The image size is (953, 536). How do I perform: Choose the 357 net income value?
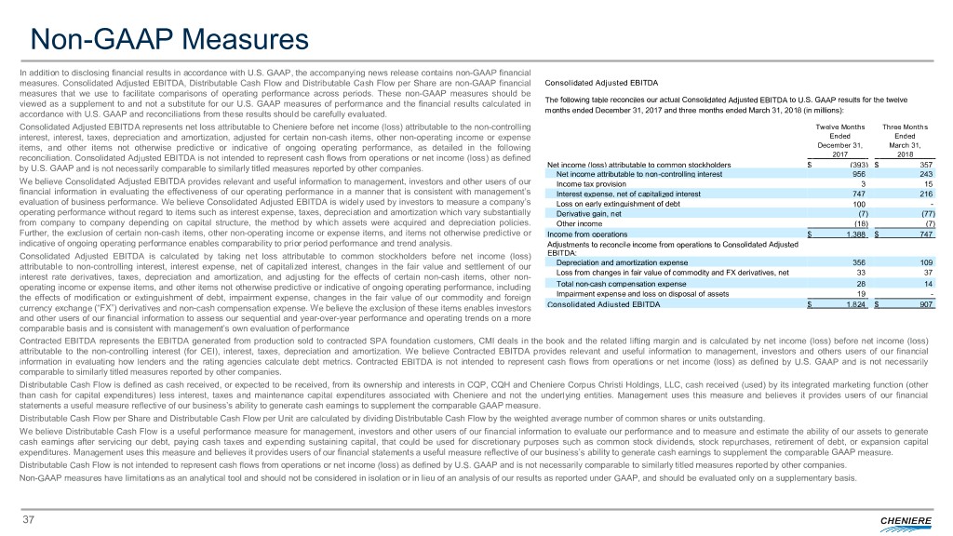tap(925, 165)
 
